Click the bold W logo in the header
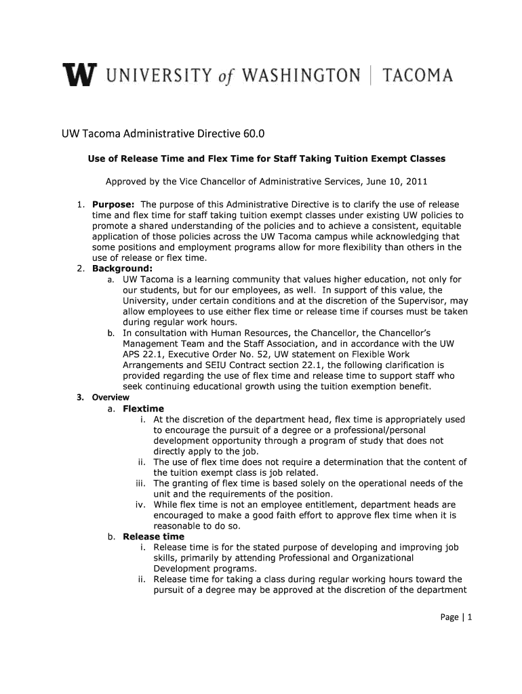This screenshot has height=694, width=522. (79, 75)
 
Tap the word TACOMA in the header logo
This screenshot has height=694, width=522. (418, 75)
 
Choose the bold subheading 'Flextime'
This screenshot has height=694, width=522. (143, 409)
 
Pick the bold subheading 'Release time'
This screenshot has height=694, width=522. (153, 536)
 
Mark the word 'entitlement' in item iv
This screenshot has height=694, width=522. (329, 504)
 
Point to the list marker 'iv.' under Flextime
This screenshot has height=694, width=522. (141, 504)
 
